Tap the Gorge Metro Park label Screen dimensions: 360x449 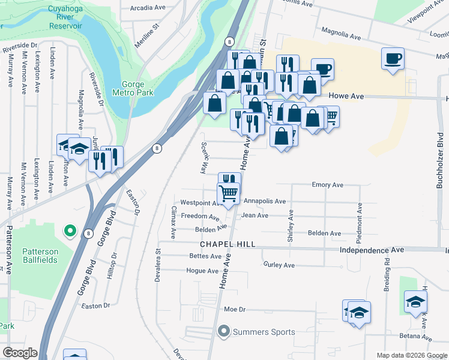pos(133,88)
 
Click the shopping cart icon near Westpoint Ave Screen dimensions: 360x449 pos(228,193)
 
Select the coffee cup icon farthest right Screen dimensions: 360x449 pos(393,59)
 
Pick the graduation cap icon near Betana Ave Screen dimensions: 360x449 pos(415,302)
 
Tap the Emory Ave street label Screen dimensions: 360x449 pos(327,185)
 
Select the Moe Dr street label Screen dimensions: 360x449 pos(235,310)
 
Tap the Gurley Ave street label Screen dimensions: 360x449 pos(279,265)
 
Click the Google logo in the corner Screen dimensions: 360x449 pos(20,353)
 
